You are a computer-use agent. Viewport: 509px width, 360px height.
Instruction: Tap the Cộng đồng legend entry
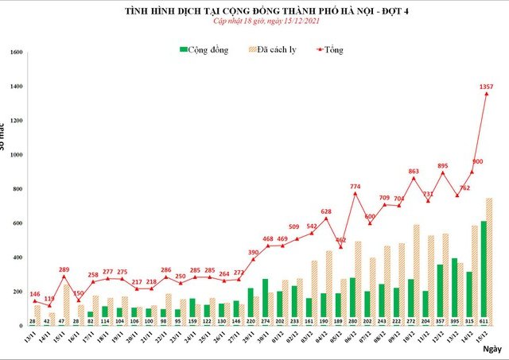204,50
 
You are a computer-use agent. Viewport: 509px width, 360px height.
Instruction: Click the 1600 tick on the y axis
16,52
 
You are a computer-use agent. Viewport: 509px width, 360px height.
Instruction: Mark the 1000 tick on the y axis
16,155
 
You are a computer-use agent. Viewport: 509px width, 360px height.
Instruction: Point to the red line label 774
355,187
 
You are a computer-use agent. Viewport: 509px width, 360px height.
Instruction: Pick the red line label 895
443,165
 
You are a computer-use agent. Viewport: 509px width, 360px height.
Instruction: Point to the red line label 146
35,294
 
